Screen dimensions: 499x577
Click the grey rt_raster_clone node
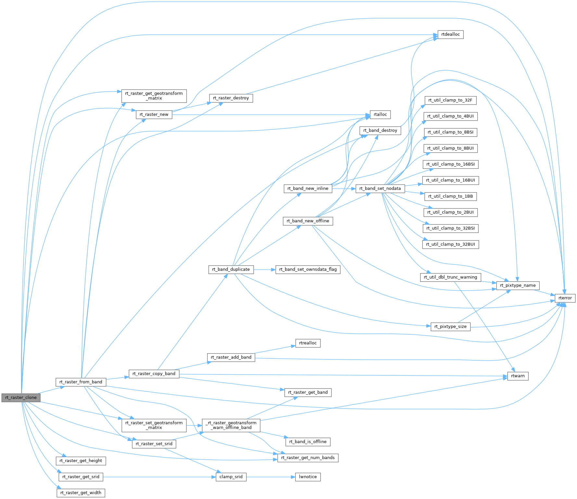point(21,397)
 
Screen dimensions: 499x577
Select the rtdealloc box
point(450,34)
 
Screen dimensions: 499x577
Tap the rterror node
point(565,298)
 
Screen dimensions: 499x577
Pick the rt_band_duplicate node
point(231,269)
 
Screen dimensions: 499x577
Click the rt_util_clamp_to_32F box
point(450,100)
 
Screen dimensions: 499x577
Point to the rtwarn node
point(518,376)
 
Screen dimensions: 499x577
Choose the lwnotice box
point(307,477)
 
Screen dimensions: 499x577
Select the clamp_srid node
point(231,477)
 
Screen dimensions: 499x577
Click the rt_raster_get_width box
point(81,493)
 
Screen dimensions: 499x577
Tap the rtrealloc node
point(308,343)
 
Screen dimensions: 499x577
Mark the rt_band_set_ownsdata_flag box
point(308,269)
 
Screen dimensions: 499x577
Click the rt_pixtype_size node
point(450,326)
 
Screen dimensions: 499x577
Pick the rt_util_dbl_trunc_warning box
point(450,277)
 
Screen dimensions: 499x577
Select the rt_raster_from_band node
point(81,382)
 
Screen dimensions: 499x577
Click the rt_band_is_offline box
point(308,442)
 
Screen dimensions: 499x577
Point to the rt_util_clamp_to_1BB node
point(450,196)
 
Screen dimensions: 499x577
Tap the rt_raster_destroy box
point(231,98)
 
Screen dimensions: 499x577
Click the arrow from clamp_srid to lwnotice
point(271,477)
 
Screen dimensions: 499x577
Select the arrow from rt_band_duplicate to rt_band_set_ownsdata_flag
point(264,269)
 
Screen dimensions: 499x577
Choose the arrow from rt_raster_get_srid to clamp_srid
point(159,477)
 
